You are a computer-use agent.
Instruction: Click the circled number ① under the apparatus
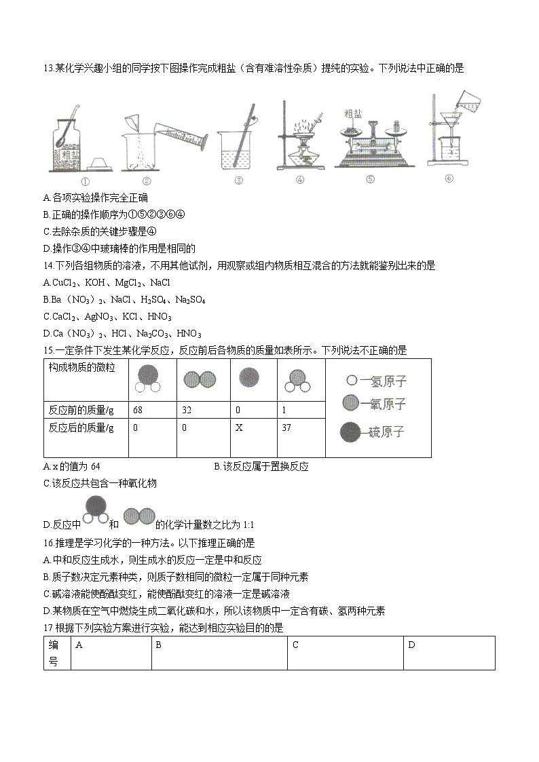86,181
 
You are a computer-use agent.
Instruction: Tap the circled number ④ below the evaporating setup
299,180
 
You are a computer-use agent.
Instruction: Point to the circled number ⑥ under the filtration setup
449,178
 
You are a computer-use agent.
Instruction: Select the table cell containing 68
152,410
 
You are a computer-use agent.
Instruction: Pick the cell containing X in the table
255,428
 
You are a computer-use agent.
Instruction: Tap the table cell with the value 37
301,428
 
